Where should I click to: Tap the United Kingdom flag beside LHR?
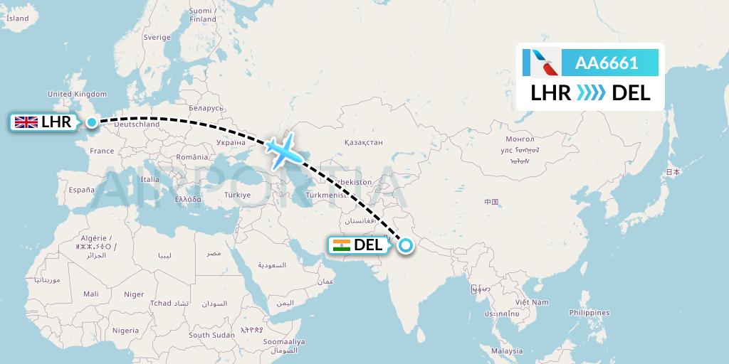point(26,122)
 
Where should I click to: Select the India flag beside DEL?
point(342,246)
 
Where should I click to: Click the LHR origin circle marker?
point(92,122)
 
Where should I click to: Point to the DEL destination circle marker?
point(405,246)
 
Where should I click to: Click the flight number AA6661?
point(607,63)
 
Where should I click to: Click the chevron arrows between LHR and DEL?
point(591,92)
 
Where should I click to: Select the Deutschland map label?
point(137,124)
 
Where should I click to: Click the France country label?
point(102,151)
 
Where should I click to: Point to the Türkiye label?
point(237,195)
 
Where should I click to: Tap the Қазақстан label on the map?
point(363,143)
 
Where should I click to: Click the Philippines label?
point(589,313)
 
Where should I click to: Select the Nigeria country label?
point(125,330)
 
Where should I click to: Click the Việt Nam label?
point(534,302)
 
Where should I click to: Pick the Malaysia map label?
point(507,351)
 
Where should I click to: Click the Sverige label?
point(157,37)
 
